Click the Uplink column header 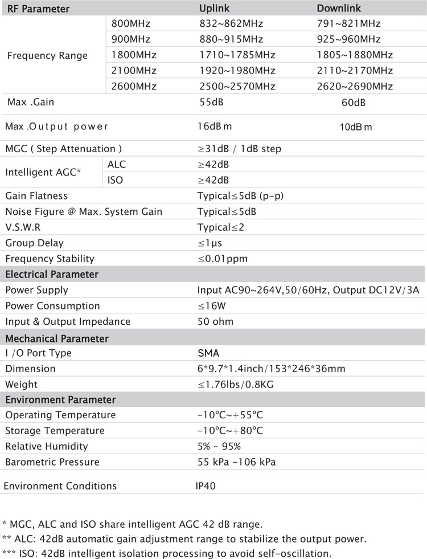point(214,9)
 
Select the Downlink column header point(339,9)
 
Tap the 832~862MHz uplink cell point(226,24)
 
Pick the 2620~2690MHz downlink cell point(355,86)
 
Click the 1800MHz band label point(134,55)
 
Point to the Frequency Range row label point(47,56)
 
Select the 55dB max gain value point(211,103)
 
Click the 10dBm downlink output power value point(355,127)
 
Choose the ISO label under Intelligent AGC point(115,180)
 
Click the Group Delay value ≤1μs point(210,243)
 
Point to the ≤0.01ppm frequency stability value point(223,259)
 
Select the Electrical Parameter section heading point(52,274)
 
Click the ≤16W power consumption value point(212,306)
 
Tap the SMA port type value point(208,353)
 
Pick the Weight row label point(21,384)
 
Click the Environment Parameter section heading point(60,399)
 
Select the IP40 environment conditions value point(206,486)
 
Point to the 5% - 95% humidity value point(219,446)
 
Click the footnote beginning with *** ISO point(167,553)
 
